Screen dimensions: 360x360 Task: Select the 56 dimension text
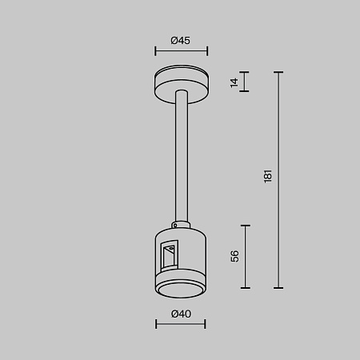coord(234,256)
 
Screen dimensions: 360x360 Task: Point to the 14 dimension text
coord(234,82)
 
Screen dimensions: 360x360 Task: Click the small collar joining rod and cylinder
coord(181,222)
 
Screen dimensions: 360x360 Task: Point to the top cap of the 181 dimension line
coord(278,72)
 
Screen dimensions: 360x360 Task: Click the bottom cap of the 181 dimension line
coord(278,288)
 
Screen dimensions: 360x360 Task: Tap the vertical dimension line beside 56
coord(245,256)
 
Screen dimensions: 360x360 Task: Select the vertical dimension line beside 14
coord(245,82)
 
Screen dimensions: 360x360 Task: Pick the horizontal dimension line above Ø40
coord(181,325)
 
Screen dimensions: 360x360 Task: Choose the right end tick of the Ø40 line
coord(206,325)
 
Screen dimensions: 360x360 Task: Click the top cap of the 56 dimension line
coord(245,226)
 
